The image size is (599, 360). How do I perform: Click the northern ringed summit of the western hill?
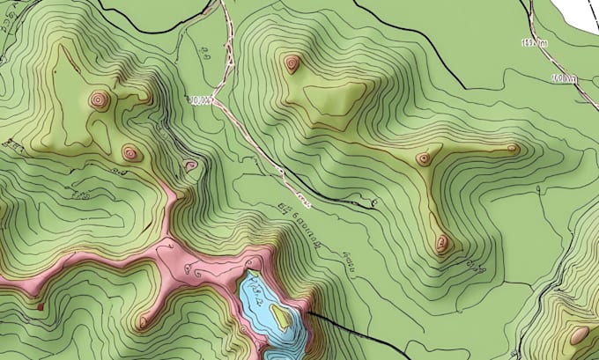(x=99, y=99)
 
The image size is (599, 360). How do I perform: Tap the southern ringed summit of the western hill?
(x=130, y=154)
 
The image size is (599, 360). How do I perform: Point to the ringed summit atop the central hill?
(x=292, y=62)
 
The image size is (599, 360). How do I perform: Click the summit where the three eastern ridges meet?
(x=424, y=158)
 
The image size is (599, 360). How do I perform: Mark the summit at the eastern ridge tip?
(x=513, y=149)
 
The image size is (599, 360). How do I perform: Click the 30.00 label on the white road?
(x=203, y=100)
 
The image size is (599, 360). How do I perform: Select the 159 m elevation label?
(x=534, y=42)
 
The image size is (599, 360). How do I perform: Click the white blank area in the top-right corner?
(x=577, y=13)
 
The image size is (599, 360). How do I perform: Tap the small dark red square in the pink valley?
(x=41, y=305)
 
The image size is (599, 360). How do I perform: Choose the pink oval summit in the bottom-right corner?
(x=580, y=334)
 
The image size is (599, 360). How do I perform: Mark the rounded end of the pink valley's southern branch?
(x=144, y=322)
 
